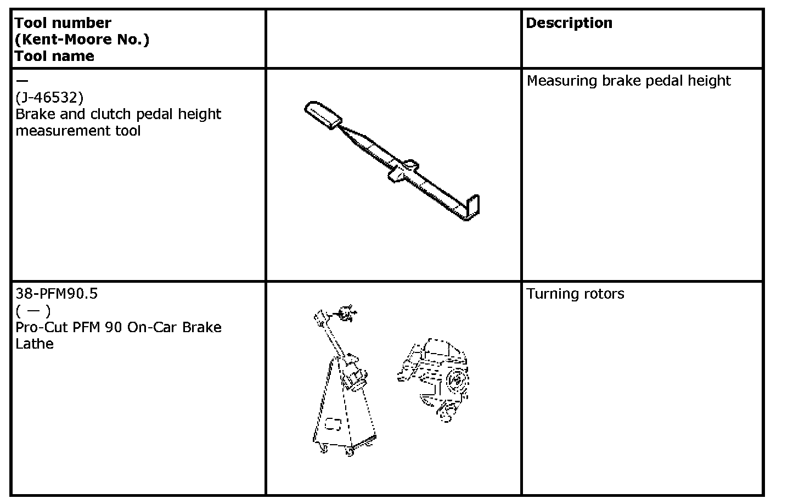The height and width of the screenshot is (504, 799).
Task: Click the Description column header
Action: click(x=569, y=23)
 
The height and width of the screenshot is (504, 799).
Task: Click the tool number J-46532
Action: click(x=49, y=98)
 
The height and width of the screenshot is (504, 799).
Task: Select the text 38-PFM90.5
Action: click(x=57, y=294)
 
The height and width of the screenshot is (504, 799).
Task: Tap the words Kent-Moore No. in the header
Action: click(x=82, y=40)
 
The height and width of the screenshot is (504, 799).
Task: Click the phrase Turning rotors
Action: click(x=576, y=294)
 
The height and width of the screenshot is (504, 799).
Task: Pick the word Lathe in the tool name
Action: click(x=35, y=344)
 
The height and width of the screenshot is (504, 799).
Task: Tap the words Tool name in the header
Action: click(x=54, y=56)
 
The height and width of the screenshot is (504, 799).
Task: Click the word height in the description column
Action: click(x=711, y=81)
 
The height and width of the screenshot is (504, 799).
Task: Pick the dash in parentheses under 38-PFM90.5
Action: click(x=33, y=311)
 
